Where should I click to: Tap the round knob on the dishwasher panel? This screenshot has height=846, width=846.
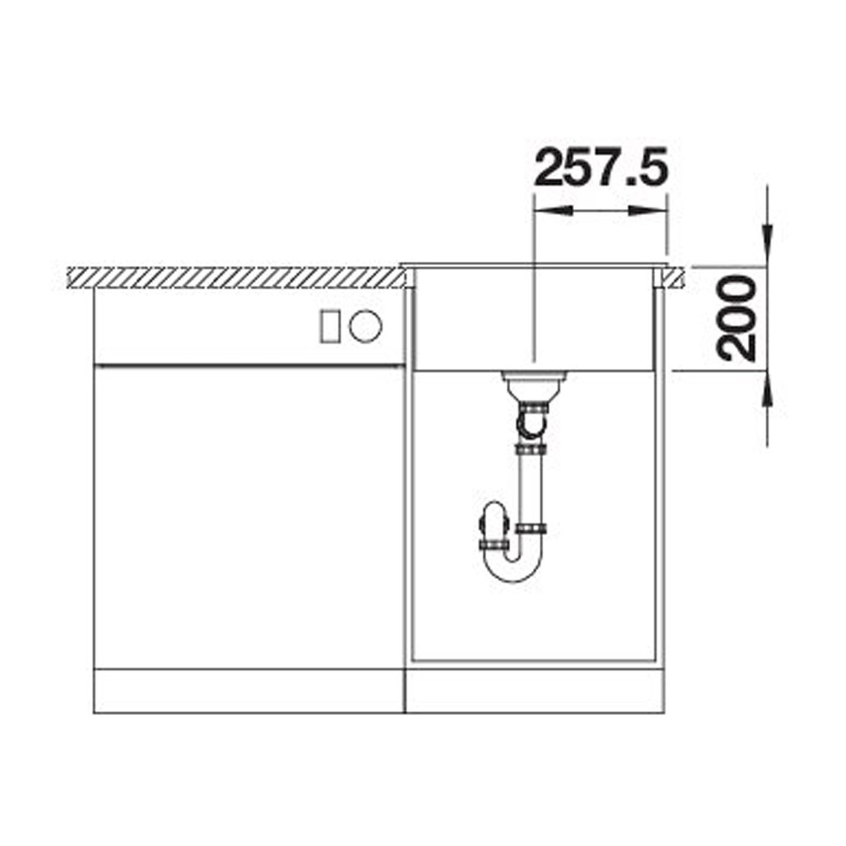(365, 327)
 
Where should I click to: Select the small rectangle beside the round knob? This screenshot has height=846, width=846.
(330, 327)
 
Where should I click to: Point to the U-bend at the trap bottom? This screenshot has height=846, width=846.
(513, 569)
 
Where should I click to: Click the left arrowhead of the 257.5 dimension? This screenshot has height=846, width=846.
(553, 211)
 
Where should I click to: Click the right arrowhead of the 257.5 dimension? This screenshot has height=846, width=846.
(648, 211)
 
